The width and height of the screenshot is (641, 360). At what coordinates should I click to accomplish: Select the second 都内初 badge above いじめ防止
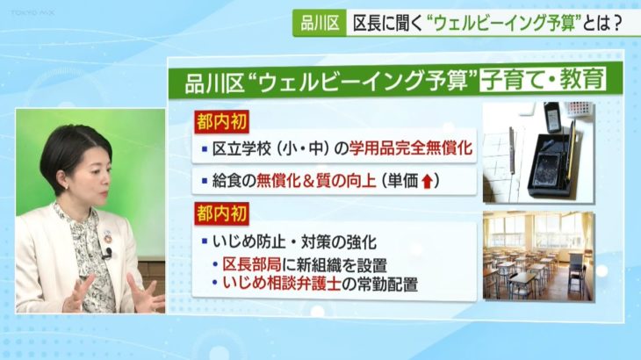pos(220,212)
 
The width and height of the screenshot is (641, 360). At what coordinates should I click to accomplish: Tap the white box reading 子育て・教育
pos(544,80)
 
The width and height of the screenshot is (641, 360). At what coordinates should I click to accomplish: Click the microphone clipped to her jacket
pos(106,255)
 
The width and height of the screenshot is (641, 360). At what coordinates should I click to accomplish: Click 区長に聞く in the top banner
pos(387,24)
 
